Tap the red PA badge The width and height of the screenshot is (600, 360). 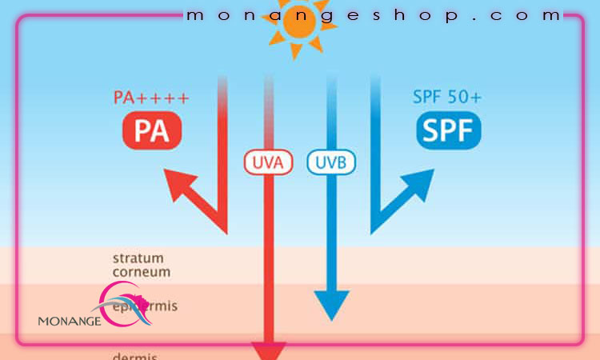(x=152, y=130)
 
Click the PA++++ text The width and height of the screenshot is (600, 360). (x=150, y=98)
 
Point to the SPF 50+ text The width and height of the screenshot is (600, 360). (x=447, y=98)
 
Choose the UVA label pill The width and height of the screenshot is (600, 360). (x=268, y=162)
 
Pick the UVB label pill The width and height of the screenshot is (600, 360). (x=331, y=162)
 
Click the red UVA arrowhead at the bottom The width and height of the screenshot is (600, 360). (x=268, y=350)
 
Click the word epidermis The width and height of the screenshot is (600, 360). (x=144, y=306)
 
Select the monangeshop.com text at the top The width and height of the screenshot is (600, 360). (x=373, y=15)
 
